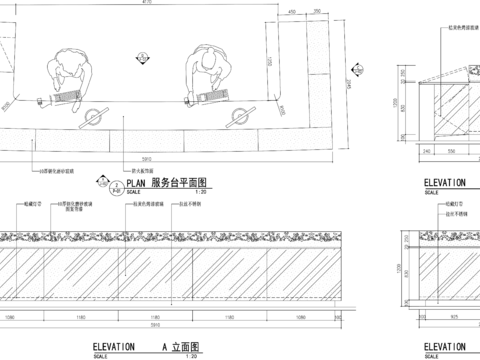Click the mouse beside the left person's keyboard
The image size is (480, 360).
coord(43,100)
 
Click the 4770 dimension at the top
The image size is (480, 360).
coord(147,4)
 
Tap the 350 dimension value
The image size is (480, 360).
coord(317,12)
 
